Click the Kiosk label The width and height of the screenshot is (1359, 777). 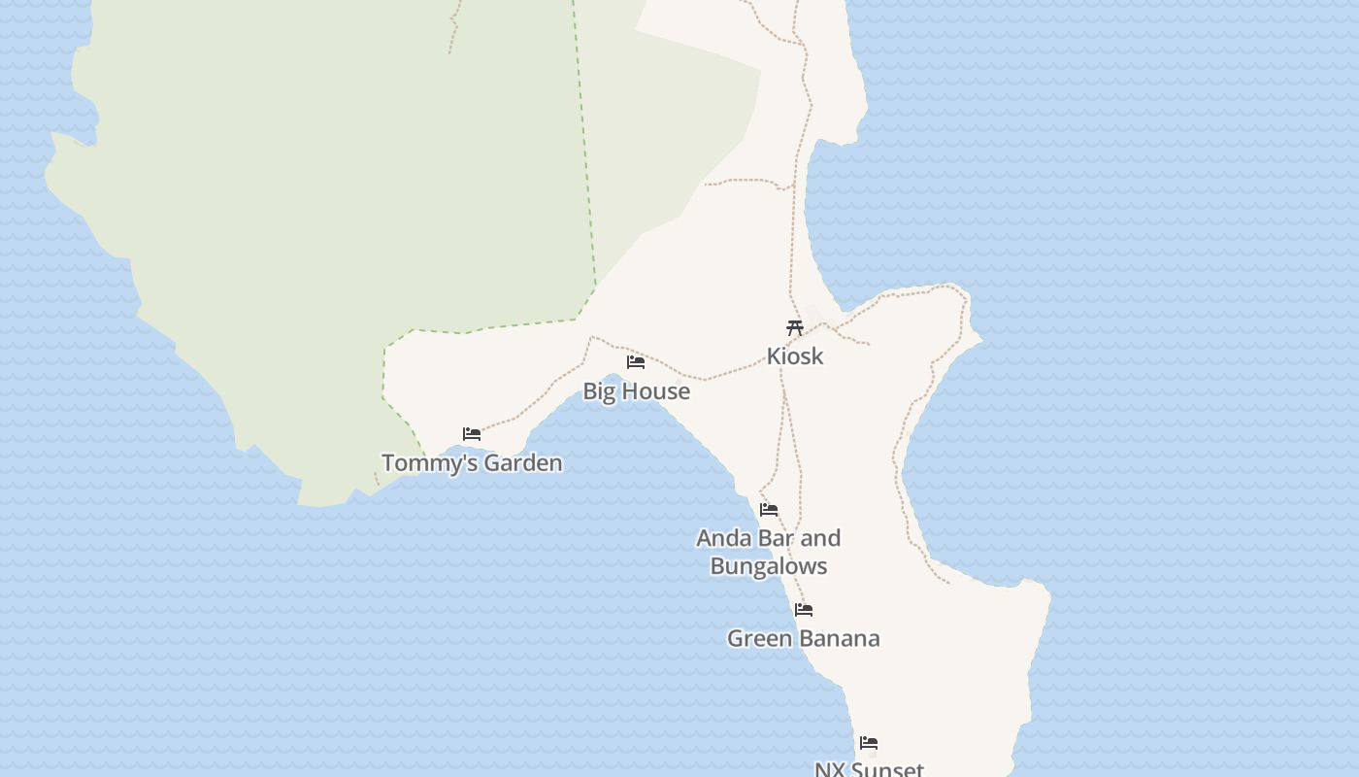(x=795, y=356)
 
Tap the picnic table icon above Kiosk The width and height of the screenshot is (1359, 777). (x=795, y=327)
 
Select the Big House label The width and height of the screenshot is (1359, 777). (x=636, y=391)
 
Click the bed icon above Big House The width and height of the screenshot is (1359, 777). (x=636, y=362)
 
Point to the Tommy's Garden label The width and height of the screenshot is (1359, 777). (x=472, y=463)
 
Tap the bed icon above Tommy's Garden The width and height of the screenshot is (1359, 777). (x=472, y=434)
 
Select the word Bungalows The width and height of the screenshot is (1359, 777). (x=769, y=566)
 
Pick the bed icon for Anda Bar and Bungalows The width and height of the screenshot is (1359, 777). (x=769, y=510)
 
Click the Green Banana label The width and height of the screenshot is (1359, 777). (x=804, y=639)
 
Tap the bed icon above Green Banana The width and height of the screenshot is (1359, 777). (x=804, y=611)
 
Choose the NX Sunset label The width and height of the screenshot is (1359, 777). (x=869, y=769)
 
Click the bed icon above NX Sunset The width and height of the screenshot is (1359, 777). (x=869, y=744)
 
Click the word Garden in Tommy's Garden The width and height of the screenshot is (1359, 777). (x=523, y=463)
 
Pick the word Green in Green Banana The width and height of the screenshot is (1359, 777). (x=760, y=639)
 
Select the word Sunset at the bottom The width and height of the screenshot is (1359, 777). (x=885, y=769)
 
